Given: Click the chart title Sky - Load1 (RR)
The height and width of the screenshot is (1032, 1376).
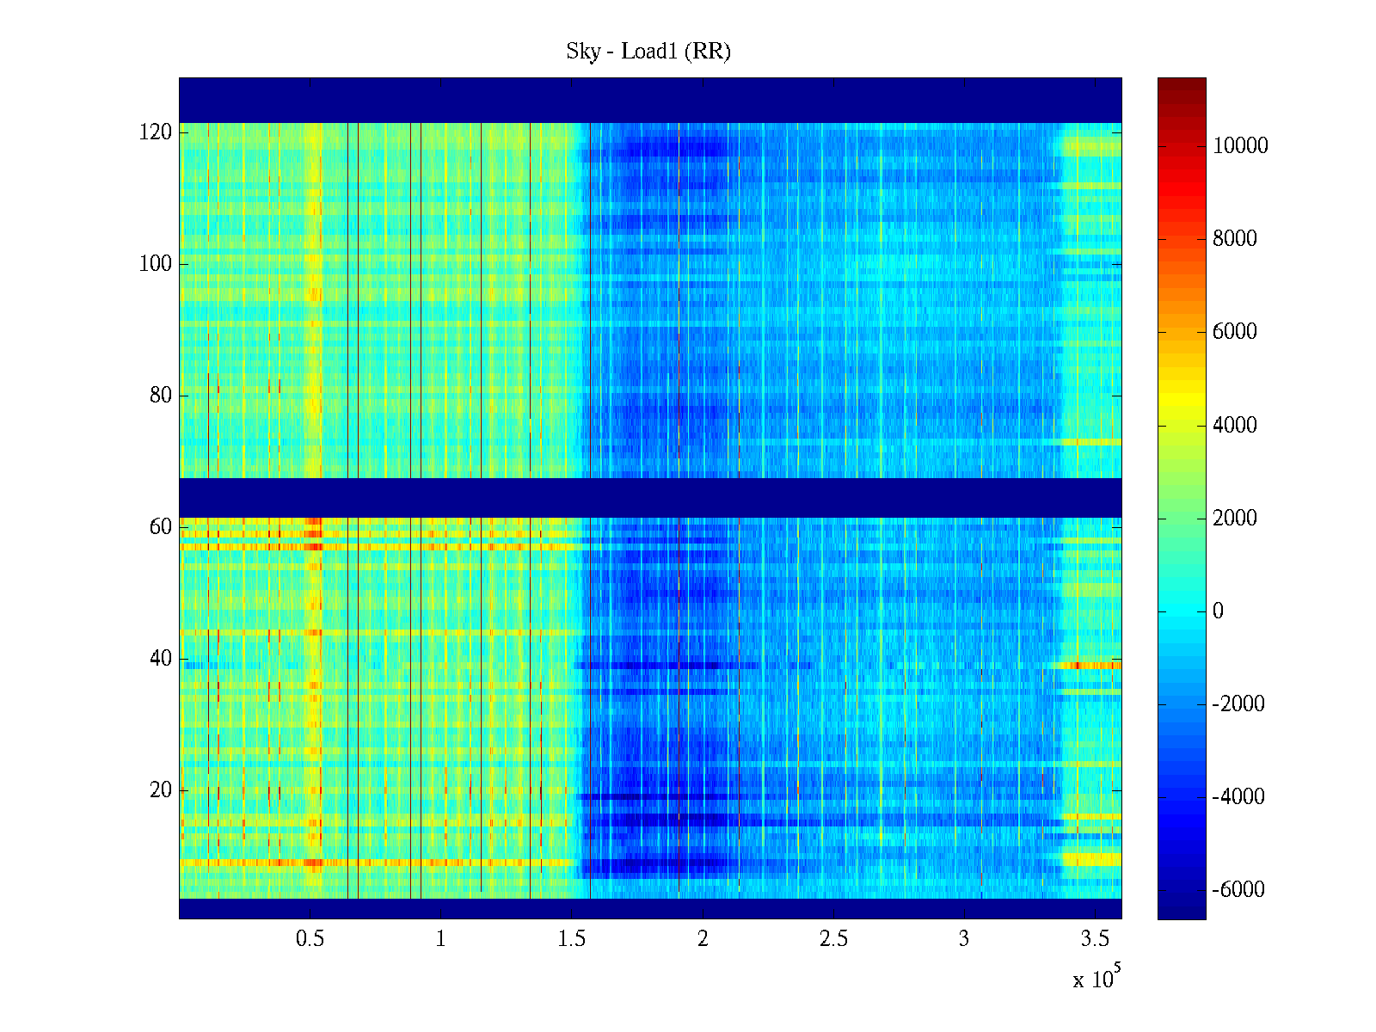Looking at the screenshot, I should (648, 52).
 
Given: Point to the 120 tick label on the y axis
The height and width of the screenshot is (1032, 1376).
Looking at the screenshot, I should (156, 132).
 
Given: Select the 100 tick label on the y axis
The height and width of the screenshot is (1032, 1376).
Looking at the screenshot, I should (156, 264).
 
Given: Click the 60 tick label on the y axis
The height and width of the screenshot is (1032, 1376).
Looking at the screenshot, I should (161, 527).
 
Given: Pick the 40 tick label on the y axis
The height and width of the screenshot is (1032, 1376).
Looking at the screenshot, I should (161, 659).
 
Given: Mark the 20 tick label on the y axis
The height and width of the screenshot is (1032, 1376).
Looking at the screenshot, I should (161, 790).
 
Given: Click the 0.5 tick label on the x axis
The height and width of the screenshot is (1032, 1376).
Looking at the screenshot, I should (310, 939).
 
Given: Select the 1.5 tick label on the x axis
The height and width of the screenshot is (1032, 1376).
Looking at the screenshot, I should (571, 939).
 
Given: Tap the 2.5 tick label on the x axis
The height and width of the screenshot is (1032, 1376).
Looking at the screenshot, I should (833, 939).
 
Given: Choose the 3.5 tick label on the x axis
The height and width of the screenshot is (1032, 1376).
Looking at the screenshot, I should (1095, 939).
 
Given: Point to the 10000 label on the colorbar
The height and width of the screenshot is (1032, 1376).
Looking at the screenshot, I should (1240, 146).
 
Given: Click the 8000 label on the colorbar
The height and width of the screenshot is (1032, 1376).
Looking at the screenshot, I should (1235, 239).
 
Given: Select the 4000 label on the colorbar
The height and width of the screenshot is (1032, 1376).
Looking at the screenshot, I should (1235, 425).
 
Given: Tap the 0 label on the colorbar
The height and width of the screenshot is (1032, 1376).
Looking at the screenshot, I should (1218, 611).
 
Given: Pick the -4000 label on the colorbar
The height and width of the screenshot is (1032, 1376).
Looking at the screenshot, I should (1238, 797).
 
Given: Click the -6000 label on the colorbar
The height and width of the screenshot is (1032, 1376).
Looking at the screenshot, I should (1238, 890).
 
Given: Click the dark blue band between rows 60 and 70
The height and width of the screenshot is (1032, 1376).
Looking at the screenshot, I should (650, 497).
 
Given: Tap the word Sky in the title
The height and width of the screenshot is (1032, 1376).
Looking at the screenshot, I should (582, 52).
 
